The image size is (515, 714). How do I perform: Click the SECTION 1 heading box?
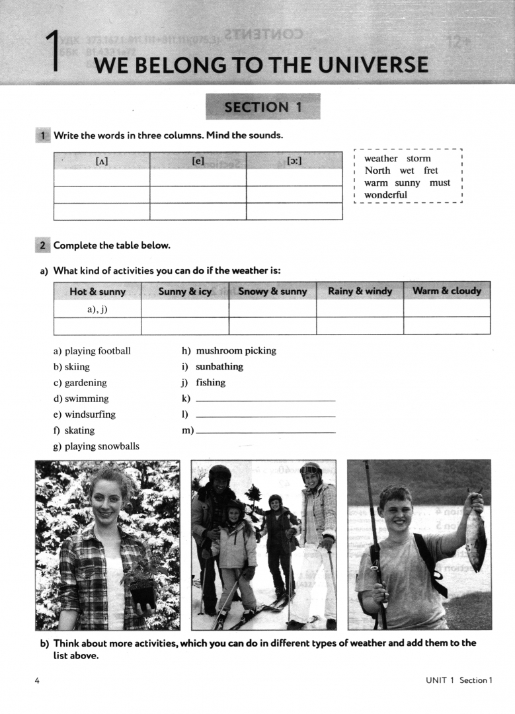(263, 107)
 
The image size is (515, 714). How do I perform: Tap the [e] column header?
(198, 161)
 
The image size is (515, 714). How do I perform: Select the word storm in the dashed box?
(418, 159)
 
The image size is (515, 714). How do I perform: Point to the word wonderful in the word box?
(386, 195)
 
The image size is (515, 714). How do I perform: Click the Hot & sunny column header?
(97, 292)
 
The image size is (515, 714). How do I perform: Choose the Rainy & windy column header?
(360, 291)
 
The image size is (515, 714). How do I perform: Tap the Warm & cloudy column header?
(447, 291)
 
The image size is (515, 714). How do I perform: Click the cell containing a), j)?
(97, 309)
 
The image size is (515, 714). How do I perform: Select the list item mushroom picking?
(235, 351)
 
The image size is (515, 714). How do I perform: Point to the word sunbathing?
(219, 367)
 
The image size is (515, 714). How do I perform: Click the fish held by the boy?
(475, 534)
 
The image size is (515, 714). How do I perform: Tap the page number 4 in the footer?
(37, 680)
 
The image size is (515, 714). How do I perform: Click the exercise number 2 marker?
(42, 245)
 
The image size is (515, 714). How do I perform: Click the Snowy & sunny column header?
(272, 292)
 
